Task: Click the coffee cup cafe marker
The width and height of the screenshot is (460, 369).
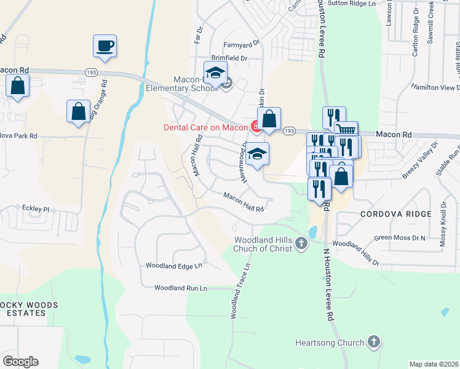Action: pos(105,46)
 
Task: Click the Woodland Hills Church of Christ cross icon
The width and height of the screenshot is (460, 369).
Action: pos(301,244)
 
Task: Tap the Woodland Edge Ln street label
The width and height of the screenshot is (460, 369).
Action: pos(173,266)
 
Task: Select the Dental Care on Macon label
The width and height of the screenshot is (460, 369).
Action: pos(205,127)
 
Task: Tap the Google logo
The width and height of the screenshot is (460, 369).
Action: pos(20,362)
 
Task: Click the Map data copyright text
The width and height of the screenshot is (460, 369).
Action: pos(433,364)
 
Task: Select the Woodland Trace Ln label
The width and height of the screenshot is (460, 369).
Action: pos(242,292)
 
